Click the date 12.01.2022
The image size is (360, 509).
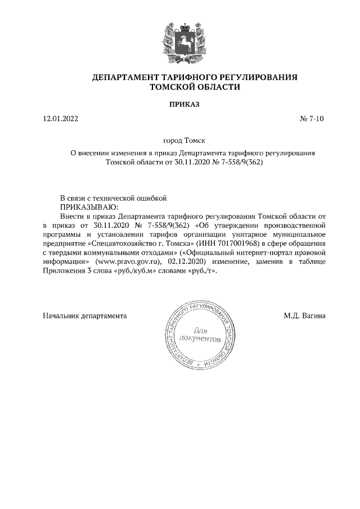tap(61, 119)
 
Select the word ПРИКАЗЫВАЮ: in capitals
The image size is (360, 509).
tap(85, 206)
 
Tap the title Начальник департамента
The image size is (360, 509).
tap(85, 316)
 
